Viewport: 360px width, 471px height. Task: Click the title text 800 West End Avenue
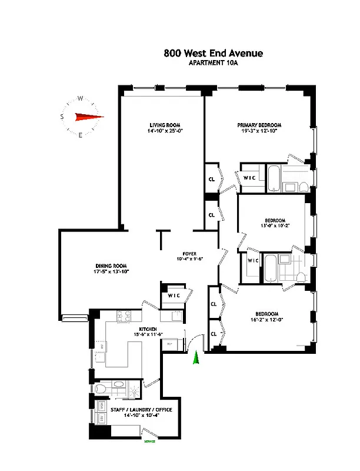pyautogui.click(x=213, y=54)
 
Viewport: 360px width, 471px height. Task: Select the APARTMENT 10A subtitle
pyautogui.click(x=213, y=63)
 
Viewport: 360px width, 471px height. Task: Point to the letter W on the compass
pyautogui.click(x=80, y=99)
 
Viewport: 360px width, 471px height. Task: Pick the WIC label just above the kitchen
pyautogui.click(x=174, y=296)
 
